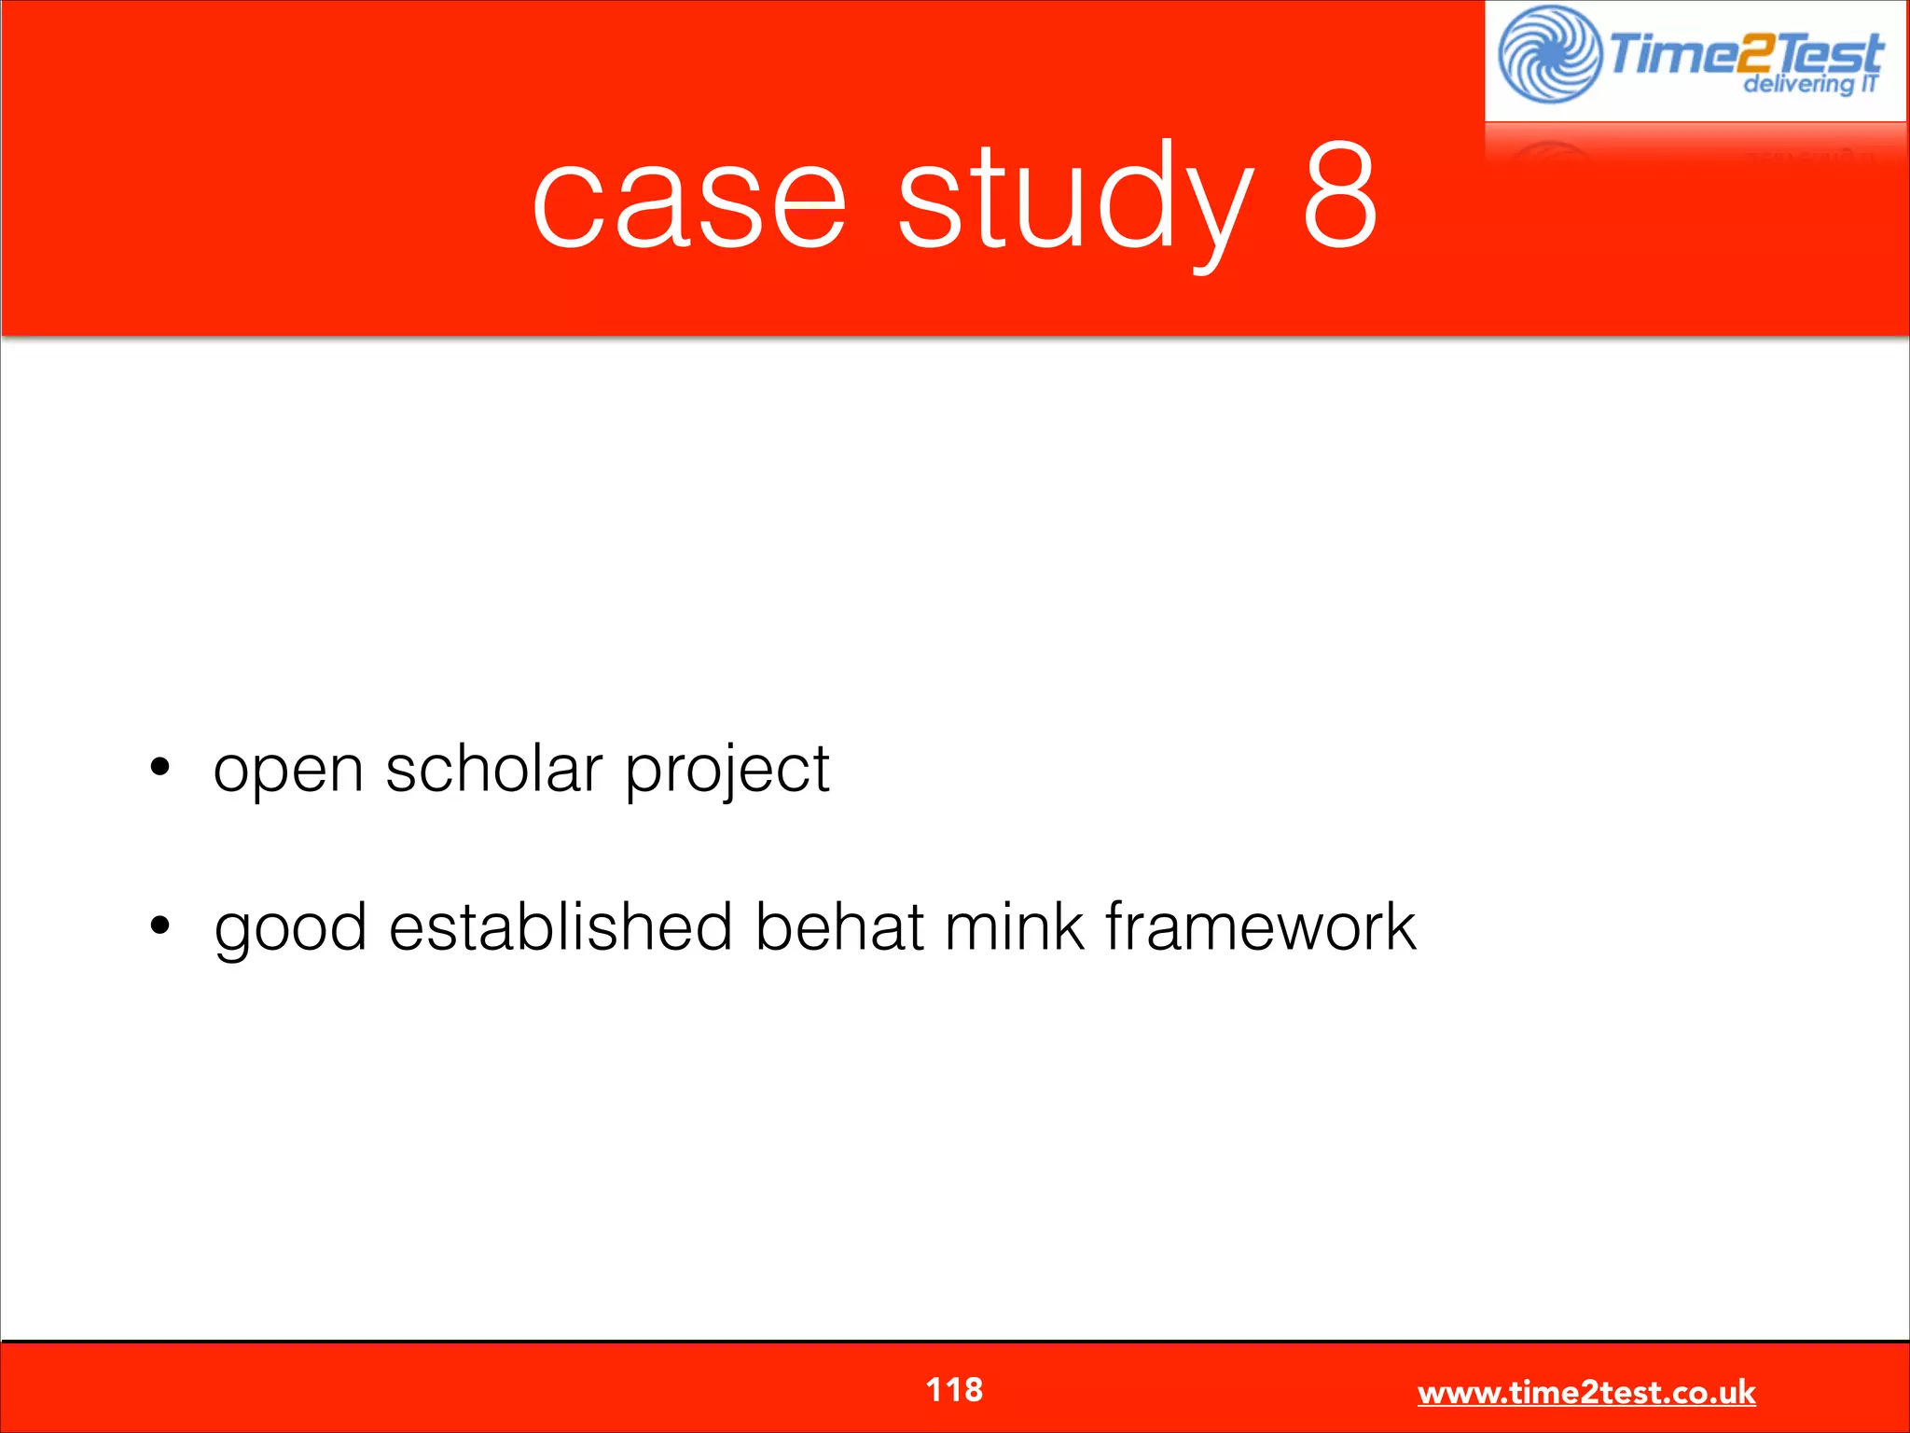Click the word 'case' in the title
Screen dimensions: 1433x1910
pos(688,200)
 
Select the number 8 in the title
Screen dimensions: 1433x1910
pos(1339,196)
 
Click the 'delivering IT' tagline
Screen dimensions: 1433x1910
pos(1809,85)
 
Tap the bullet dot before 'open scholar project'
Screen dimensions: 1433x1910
pos(160,767)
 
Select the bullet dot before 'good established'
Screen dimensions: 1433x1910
pos(160,925)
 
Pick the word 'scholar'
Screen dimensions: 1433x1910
pos(493,769)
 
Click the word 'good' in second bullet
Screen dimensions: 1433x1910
pos(290,929)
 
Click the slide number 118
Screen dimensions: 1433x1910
pos(954,1389)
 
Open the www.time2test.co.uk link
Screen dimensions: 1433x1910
pos(1586,1392)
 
